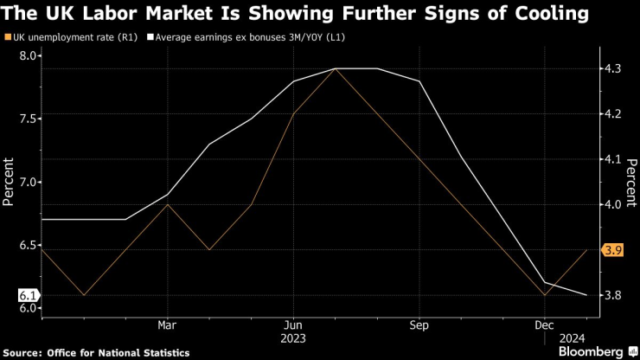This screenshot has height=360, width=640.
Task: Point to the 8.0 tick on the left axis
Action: point(29,56)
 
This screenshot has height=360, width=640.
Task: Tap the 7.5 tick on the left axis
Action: point(29,119)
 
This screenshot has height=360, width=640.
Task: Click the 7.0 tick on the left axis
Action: point(29,182)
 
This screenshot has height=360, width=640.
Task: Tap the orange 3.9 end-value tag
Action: point(612,250)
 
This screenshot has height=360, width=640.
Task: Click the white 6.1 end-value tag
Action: point(27,295)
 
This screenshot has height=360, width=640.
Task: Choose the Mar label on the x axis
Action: point(167,325)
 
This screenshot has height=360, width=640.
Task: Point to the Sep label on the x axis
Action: point(419,325)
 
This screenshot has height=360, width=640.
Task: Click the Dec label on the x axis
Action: point(544,325)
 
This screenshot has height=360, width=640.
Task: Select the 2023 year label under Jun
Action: point(293,338)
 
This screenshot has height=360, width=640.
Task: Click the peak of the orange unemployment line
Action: point(335,68)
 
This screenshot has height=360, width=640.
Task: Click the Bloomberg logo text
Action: point(590,351)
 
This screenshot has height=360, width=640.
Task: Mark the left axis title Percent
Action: point(10,182)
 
